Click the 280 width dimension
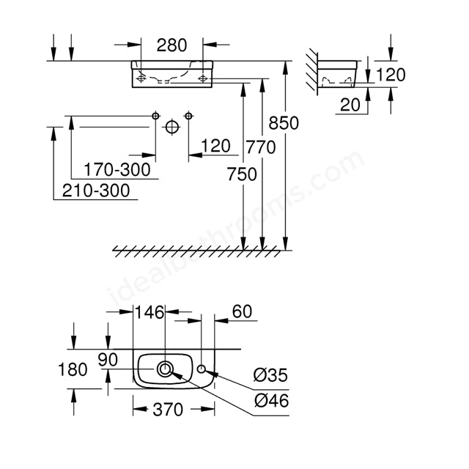(x=171, y=45)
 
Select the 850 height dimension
(x=284, y=123)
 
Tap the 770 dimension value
(x=261, y=147)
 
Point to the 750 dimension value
(x=242, y=174)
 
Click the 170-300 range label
(x=117, y=170)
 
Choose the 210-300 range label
(x=96, y=191)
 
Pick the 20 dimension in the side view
(x=350, y=105)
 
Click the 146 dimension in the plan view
(x=149, y=312)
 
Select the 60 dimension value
(x=242, y=311)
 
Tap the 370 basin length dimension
(x=168, y=410)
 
